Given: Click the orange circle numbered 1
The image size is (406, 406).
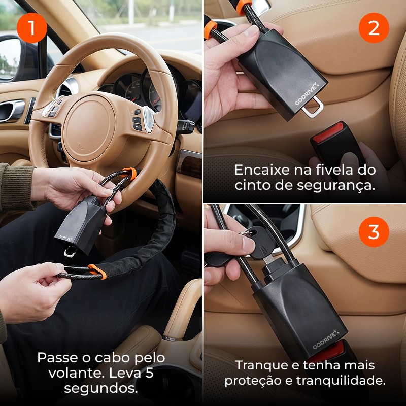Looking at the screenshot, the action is (x=32, y=28).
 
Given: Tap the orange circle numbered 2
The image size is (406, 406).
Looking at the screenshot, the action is (x=374, y=28).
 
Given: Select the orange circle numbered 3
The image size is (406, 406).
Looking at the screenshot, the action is (x=374, y=232).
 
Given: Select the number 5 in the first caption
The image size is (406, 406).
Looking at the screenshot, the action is (x=149, y=373).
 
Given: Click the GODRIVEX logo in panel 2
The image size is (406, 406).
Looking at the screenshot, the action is (x=307, y=94).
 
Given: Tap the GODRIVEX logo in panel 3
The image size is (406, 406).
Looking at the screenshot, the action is (x=326, y=339).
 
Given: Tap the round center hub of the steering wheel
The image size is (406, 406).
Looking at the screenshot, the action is (x=89, y=128).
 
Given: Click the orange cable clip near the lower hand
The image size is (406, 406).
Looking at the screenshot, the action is (x=97, y=272).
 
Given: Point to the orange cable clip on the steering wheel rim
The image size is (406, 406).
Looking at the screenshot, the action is (x=129, y=173).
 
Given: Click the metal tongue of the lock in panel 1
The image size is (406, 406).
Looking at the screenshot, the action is (x=71, y=251).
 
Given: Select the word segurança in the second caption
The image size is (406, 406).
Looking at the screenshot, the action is (x=336, y=185).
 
